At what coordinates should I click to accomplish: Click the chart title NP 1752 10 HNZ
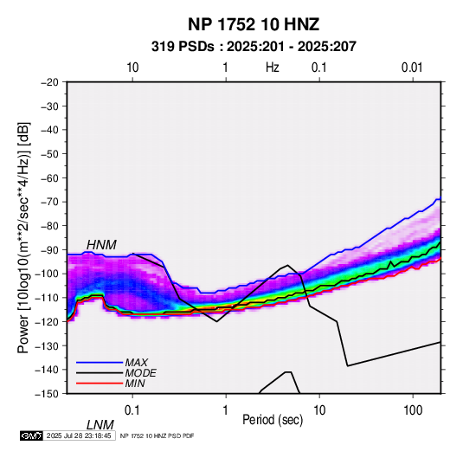(x=254, y=24)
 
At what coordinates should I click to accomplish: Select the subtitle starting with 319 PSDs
(x=254, y=47)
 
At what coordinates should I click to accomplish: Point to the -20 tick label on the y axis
(x=49, y=82)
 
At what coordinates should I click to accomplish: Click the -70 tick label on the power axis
(x=49, y=202)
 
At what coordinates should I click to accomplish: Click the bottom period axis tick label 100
(x=412, y=410)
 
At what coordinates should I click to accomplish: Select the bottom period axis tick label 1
(x=226, y=410)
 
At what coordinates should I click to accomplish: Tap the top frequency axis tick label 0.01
(x=412, y=68)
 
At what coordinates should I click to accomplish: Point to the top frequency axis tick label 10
(x=132, y=68)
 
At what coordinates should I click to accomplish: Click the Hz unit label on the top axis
(x=273, y=68)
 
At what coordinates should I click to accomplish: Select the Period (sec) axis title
(x=273, y=420)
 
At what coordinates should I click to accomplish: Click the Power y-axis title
(x=23, y=237)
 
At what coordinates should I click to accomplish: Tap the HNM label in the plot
(x=101, y=245)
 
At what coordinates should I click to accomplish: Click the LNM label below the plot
(x=100, y=425)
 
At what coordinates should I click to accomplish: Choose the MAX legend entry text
(x=136, y=362)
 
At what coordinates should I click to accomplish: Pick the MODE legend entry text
(x=140, y=373)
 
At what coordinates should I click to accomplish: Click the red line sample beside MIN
(x=100, y=384)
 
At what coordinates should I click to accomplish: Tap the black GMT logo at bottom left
(x=31, y=435)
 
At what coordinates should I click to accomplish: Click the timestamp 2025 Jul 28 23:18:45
(x=79, y=435)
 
